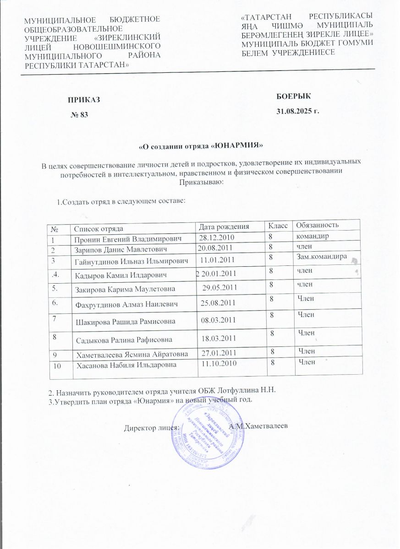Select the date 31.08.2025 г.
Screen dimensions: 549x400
[x=298, y=111]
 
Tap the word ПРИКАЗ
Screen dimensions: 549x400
[x=83, y=100]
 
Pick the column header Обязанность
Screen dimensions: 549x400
[x=318, y=225]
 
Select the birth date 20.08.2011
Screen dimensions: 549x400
[x=216, y=248]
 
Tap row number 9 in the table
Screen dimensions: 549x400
[x=55, y=354]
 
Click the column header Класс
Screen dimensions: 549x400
[x=278, y=225]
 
